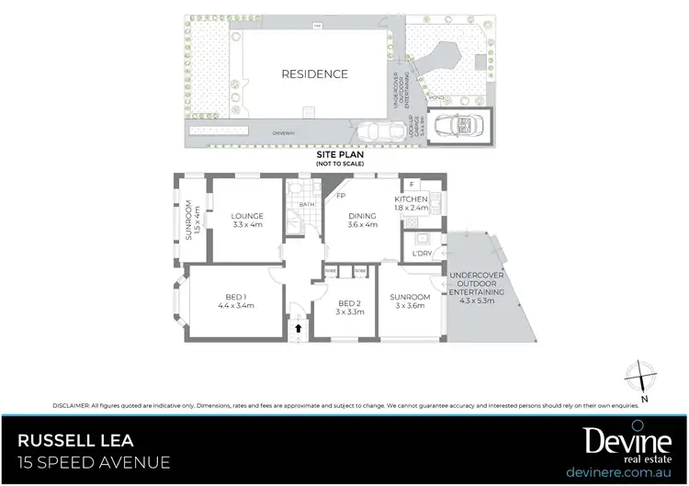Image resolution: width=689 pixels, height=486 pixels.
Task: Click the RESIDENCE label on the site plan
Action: click(315, 74)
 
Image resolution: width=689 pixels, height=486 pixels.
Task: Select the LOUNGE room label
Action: click(248, 218)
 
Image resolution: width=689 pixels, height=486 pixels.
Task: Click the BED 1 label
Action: click(235, 297)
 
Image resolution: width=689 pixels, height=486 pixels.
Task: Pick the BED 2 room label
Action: click(350, 303)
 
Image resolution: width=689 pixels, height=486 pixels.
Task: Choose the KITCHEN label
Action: click(412, 199)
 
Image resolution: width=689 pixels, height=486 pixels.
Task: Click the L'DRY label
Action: click(423, 253)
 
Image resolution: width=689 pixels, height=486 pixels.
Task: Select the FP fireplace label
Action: click(341, 197)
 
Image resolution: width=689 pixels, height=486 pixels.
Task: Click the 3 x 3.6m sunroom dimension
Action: click(410, 306)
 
